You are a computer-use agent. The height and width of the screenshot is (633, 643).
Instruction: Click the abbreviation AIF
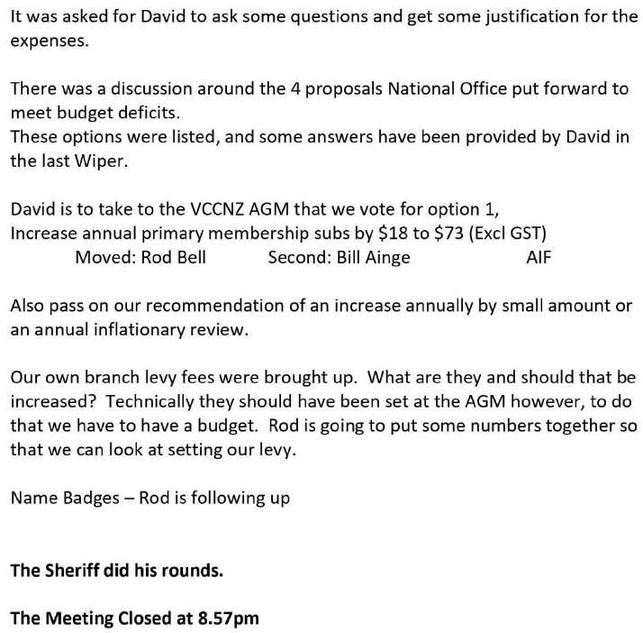(539, 257)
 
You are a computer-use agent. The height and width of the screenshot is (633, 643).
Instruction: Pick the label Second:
(298, 257)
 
